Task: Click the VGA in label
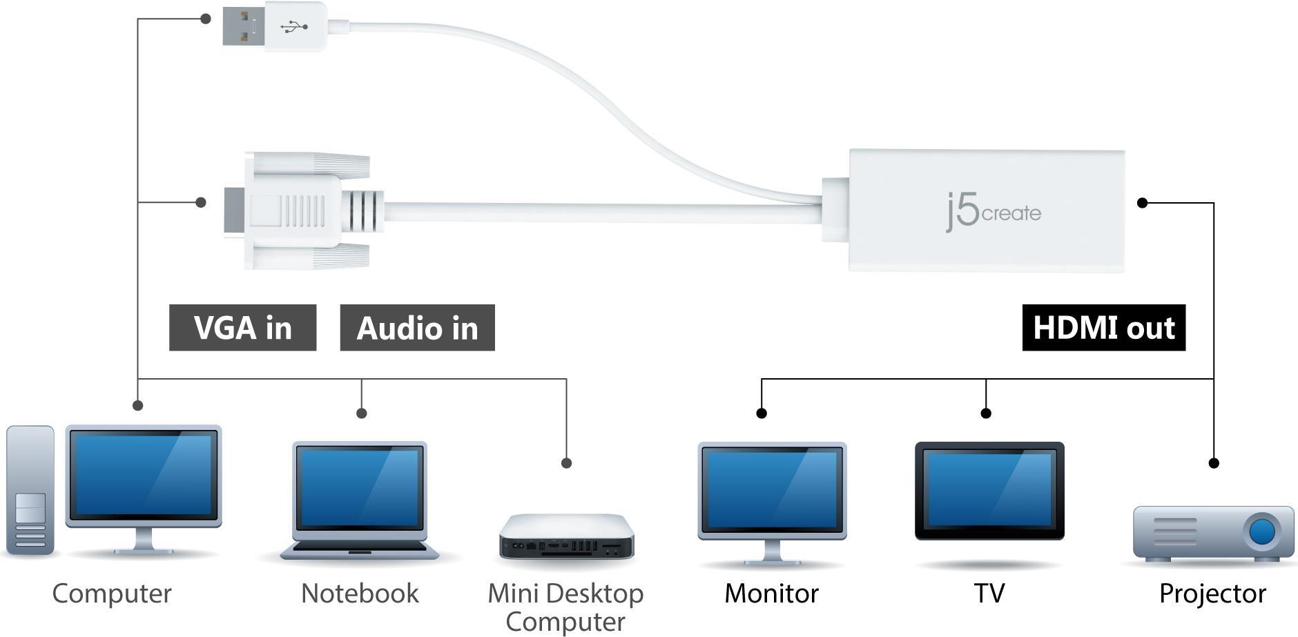click(242, 328)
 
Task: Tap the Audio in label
click(417, 328)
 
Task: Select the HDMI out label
click(1103, 328)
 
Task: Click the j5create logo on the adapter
click(994, 212)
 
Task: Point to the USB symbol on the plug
click(295, 27)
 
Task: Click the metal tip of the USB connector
click(243, 27)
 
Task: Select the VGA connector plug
click(297, 210)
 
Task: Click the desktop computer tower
click(30, 490)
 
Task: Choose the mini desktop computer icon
click(566, 537)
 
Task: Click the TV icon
click(989, 491)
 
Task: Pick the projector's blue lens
click(1261, 531)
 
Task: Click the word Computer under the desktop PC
click(112, 594)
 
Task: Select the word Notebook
click(360, 594)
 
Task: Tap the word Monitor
click(771, 594)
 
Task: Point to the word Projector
click(1212, 594)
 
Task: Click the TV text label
click(989, 594)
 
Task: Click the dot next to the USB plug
click(205, 19)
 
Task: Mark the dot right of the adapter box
click(1142, 203)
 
